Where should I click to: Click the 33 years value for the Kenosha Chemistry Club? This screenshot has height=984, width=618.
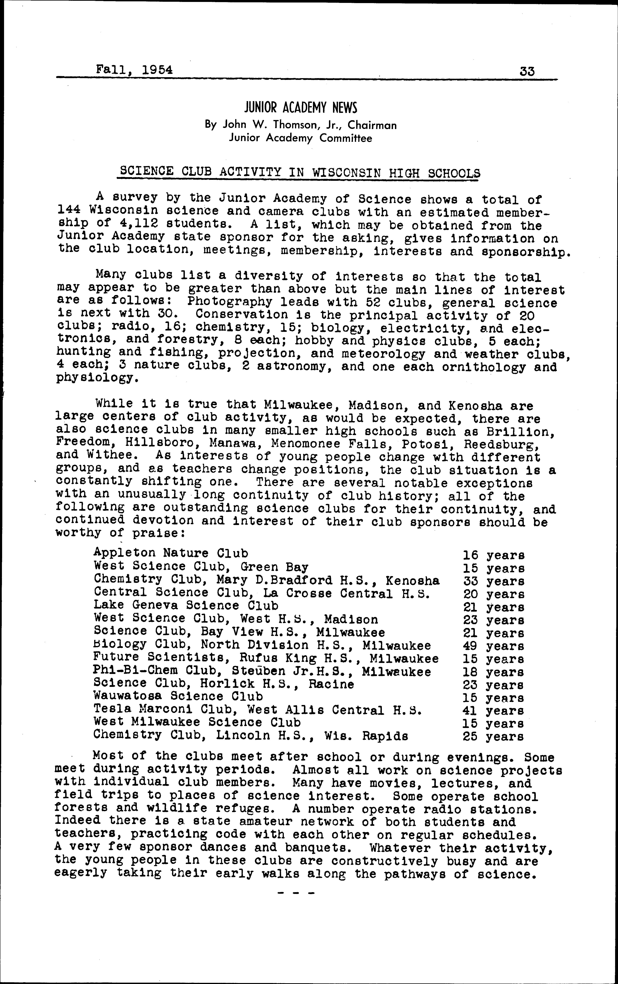coord(494,581)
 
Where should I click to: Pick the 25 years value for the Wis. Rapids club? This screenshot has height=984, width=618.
coord(494,737)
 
